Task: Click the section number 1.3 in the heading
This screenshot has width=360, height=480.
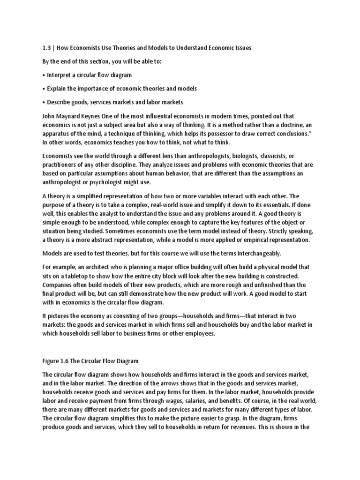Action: point(47,48)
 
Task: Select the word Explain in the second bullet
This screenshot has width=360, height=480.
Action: point(59,89)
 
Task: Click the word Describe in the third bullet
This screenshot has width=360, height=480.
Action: point(60,102)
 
